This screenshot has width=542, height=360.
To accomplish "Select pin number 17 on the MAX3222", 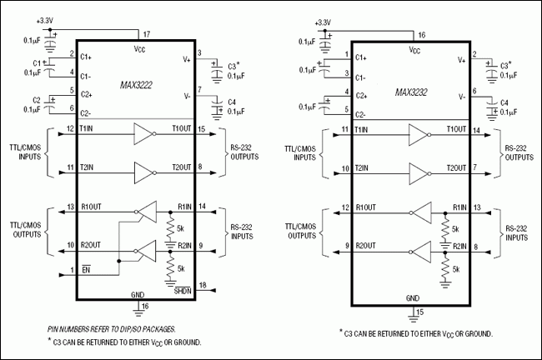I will click(x=148, y=34).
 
